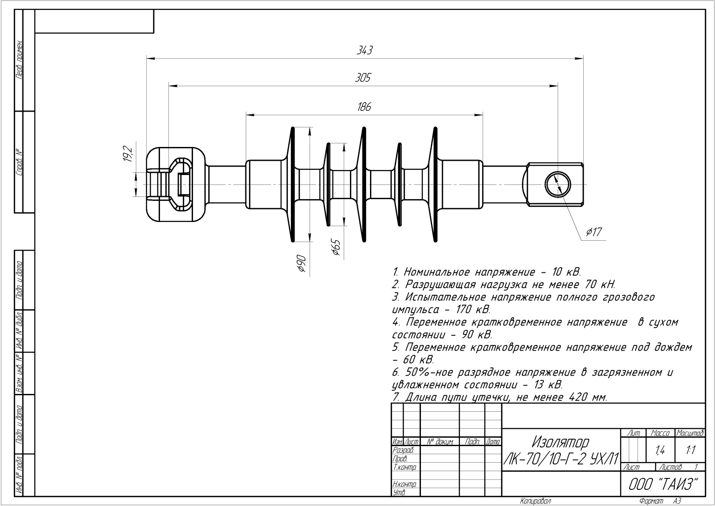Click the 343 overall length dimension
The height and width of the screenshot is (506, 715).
[x=365, y=50]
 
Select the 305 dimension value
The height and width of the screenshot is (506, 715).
[x=363, y=78]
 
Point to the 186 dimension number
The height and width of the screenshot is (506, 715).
[x=364, y=107]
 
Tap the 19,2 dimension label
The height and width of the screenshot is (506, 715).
[x=128, y=154]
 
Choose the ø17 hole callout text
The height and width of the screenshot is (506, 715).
[x=594, y=232]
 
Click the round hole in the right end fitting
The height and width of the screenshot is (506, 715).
[x=558, y=184]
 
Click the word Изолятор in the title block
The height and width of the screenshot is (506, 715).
[x=561, y=442]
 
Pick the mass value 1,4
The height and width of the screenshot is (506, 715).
[x=660, y=451]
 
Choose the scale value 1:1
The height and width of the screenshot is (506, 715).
[x=690, y=451]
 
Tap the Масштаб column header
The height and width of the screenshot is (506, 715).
[x=690, y=433]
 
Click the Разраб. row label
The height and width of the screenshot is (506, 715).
[x=403, y=450]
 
